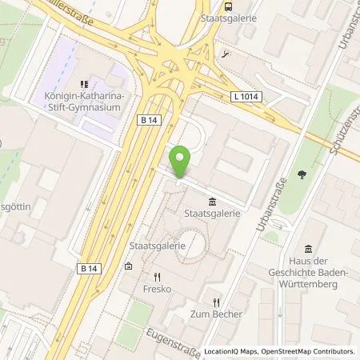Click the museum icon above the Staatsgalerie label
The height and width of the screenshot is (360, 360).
point(211,200)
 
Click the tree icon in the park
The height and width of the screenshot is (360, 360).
point(302,173)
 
